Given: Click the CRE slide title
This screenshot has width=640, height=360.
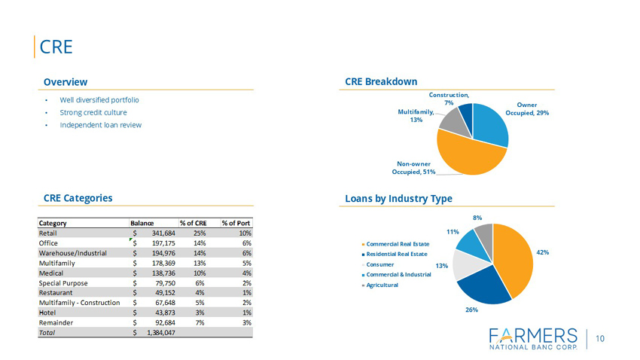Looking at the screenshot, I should (56, 47).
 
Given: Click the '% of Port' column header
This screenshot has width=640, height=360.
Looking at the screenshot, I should (236, 223).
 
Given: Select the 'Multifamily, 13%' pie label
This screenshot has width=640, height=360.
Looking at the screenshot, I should (416, 116).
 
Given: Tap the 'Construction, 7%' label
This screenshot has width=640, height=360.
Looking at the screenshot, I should (449, 99).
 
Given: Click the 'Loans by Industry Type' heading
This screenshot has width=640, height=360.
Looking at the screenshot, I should (398, 198).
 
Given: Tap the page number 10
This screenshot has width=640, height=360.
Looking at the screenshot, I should (600, 339).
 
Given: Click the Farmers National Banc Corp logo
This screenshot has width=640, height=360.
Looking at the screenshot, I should (533, 339).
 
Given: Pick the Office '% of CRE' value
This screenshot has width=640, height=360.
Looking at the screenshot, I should (200, 243).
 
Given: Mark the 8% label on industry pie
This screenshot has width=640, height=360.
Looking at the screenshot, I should (477, 218).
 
